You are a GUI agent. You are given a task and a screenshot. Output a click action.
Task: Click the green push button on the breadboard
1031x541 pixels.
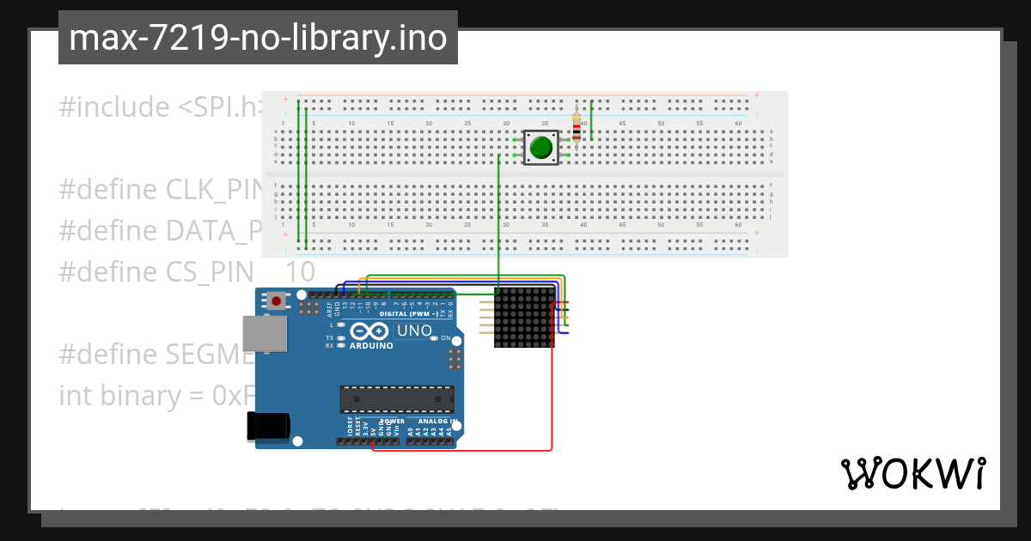pyautogui.click(x=540, y=148)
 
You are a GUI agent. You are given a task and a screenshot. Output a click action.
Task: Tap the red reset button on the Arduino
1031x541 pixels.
pyautogui.click(x=277, y=301)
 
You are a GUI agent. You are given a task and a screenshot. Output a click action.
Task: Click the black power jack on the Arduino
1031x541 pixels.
pyautogui.click(x=269, y=428)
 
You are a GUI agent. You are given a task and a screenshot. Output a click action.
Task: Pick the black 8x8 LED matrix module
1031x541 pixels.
pyautogui.click(x=524, y=318)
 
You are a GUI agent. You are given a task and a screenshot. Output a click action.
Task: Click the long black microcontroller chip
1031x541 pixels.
pyautogui.click(x=396, y=399)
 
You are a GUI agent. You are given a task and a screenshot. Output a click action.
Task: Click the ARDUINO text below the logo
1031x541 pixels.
pyautogui.click(x=371, y=346)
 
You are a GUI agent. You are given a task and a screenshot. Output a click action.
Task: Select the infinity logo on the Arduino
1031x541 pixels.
pyautogui.click(x=370, y=331)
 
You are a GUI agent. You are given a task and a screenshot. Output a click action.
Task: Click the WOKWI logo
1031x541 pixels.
pyautogui.click(x=912, y=474)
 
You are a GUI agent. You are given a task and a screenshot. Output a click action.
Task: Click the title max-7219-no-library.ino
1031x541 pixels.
pyautogui.click(x=258, y=38)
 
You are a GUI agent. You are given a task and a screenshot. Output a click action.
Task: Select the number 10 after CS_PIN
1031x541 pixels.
pyautogui.click(x=300, y=272)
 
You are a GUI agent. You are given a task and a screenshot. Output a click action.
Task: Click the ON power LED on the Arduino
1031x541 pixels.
pyautogui.click(x=446, y=338)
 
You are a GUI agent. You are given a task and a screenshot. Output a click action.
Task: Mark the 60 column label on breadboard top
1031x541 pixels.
pyautogui.click(x=738, y=125)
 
